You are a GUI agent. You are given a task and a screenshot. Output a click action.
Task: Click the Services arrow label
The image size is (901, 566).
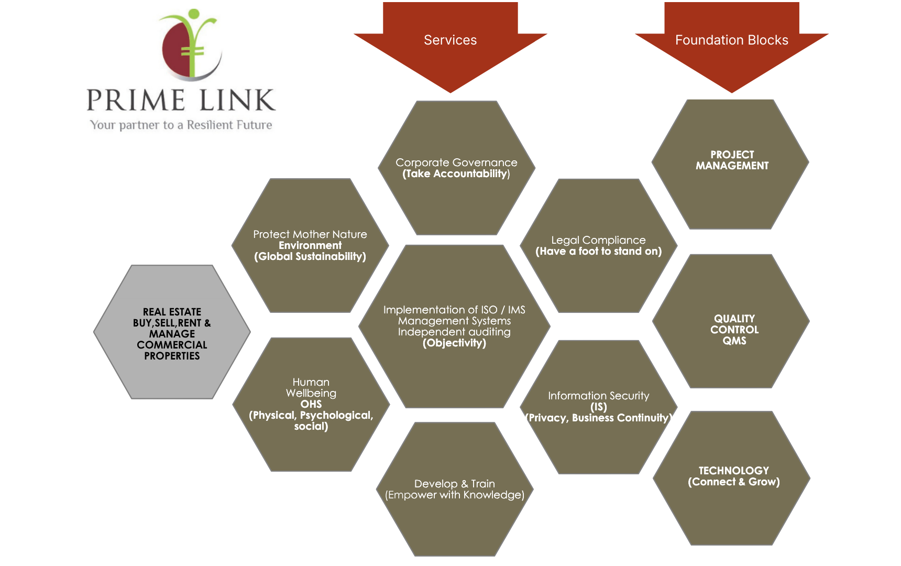[x=450, y=40]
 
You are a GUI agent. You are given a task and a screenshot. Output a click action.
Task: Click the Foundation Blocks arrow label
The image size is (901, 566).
[x=731, y=40]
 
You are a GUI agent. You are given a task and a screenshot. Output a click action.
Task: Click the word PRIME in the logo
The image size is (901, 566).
[x=135, y=101]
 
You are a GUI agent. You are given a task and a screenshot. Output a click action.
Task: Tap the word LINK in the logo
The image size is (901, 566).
[x=237, y=101]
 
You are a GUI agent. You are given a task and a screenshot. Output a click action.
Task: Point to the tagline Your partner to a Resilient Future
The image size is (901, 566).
[x=181, y=125]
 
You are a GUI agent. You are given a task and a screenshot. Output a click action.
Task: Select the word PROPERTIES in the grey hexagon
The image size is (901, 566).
[x=172, y=356]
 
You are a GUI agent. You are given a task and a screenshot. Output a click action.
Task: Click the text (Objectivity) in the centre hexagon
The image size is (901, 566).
[x=454, y=343]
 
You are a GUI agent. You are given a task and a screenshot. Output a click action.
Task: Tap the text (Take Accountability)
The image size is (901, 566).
[x=456, y=174]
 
